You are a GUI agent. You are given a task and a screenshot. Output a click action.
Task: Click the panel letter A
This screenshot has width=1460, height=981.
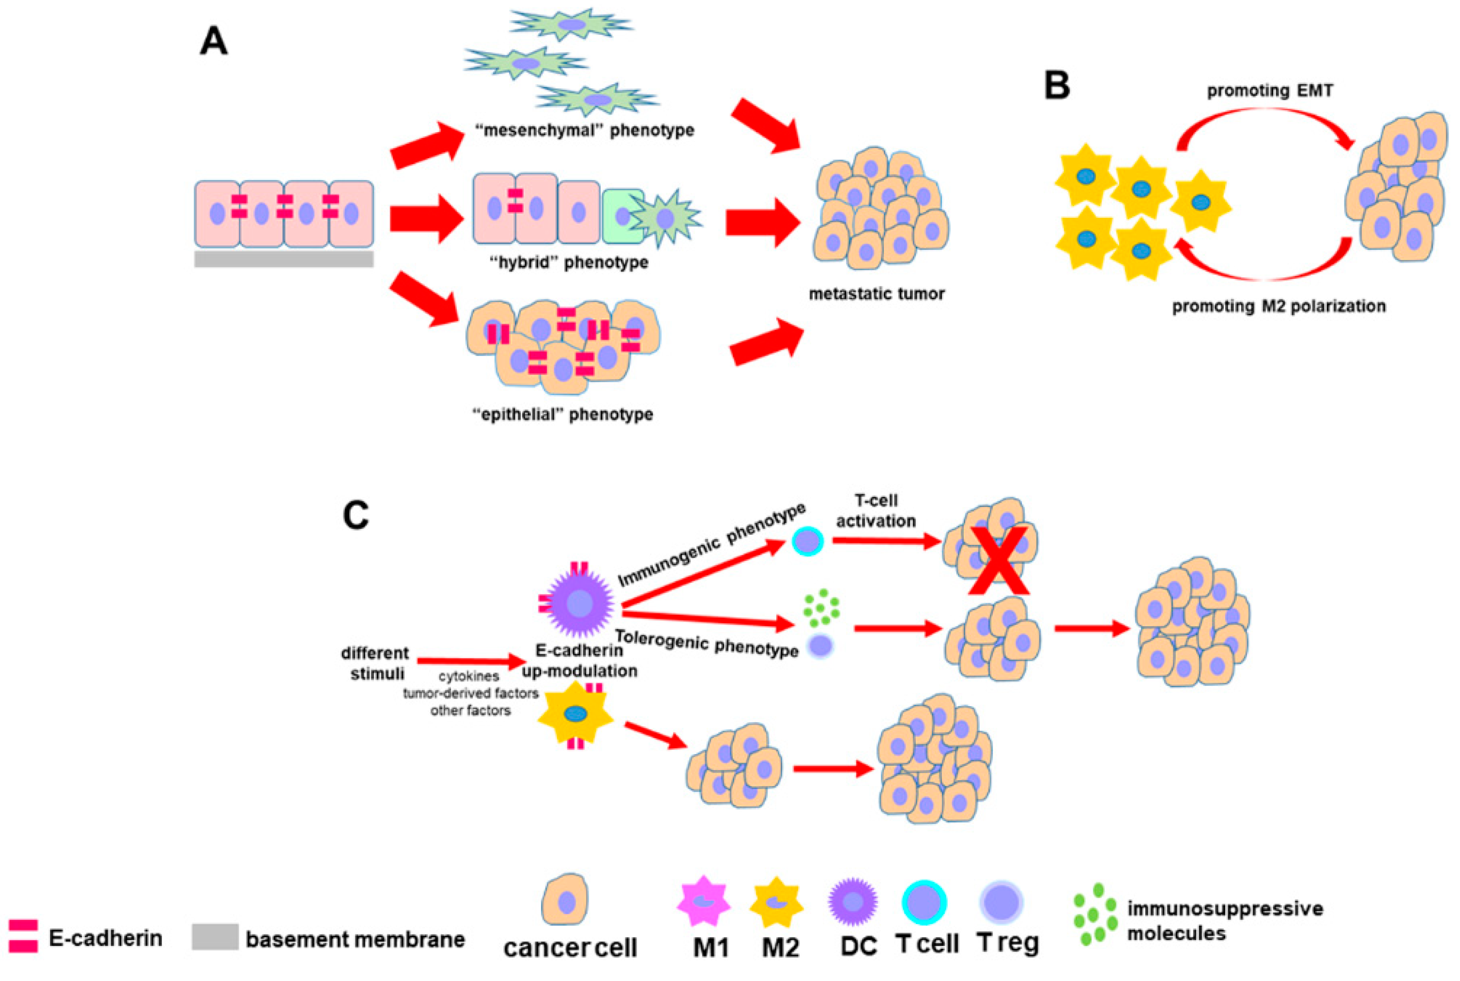[x=214, y=43]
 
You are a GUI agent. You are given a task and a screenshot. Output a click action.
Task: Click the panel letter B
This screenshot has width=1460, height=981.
[x=1056, y=86]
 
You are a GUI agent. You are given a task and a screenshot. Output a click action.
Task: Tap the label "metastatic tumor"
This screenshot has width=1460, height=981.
[x=876, y=293]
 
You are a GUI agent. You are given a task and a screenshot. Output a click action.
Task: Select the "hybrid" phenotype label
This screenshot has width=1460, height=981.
[x=568, y=262]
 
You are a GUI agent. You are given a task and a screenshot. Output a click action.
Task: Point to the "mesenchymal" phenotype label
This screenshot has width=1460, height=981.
[x=584, y=130]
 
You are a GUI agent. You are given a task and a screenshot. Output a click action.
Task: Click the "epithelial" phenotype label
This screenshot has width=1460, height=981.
[x=562, y=414]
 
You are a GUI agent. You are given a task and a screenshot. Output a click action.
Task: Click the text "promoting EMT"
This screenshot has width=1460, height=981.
[x=1269, y=91]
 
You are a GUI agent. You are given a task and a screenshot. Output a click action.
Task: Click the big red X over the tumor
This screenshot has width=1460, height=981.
[x=999, y=561]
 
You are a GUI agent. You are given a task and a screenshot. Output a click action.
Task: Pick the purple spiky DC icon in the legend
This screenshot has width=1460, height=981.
[x=852, y=902]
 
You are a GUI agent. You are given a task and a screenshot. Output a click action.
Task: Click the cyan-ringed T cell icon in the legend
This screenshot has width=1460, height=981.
[x=924, y=902]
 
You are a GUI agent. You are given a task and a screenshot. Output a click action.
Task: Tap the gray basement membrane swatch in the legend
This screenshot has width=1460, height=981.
[x=215, y=937]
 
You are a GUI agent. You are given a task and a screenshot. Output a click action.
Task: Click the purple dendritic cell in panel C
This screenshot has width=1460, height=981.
[x=579, y=604]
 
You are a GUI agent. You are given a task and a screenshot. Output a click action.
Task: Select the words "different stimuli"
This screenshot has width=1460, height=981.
[x=375, y=663]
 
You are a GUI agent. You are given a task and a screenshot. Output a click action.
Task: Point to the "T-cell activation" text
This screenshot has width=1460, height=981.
[x=875, y=511]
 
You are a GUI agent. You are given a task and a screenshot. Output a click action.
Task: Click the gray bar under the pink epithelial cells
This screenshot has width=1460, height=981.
[x=283, y=259]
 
